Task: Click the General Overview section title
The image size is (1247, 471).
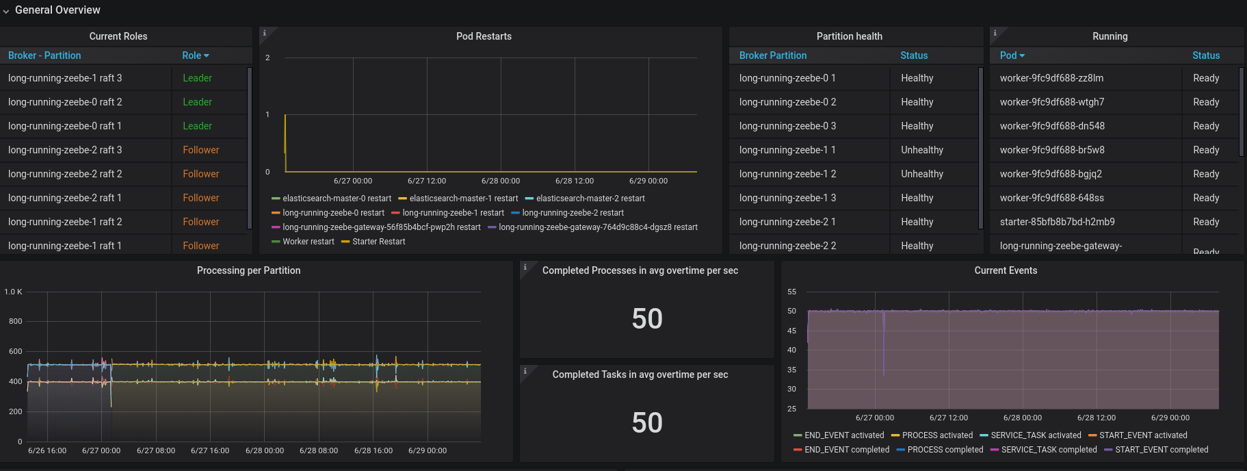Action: (x=57, y=10)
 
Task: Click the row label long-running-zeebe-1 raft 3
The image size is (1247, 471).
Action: (x=65, y=78)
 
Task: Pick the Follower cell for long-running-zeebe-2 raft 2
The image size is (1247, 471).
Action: (x=200, y=174)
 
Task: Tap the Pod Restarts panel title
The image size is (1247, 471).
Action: (x=484, y=36)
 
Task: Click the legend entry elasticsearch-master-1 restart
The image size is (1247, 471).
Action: (x=463, y=199)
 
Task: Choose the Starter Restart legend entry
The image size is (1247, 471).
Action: (x=378, y=242)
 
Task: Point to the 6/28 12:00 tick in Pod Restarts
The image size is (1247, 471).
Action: (x=575, y=181)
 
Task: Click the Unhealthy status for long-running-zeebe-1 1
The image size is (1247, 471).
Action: (x=922, y=150)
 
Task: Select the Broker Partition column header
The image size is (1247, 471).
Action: (x=773, y=55)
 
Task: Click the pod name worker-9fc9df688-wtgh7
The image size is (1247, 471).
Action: (x=1052, y=102)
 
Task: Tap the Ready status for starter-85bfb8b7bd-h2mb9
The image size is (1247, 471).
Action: (x=1206, y=222)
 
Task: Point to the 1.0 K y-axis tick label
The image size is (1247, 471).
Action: (x=13, y=292)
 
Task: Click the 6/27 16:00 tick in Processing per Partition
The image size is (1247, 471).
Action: (x=210, y=450)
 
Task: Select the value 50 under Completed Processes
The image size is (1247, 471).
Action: (x=646, y=319)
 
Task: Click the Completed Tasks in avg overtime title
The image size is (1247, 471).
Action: (x=640, y=374)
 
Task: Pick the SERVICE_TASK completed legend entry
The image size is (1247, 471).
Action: (x=1049, y=450)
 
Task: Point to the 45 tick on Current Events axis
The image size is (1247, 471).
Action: (x=791, y=331)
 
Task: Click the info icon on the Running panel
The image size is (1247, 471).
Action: (x=995, y=33)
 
